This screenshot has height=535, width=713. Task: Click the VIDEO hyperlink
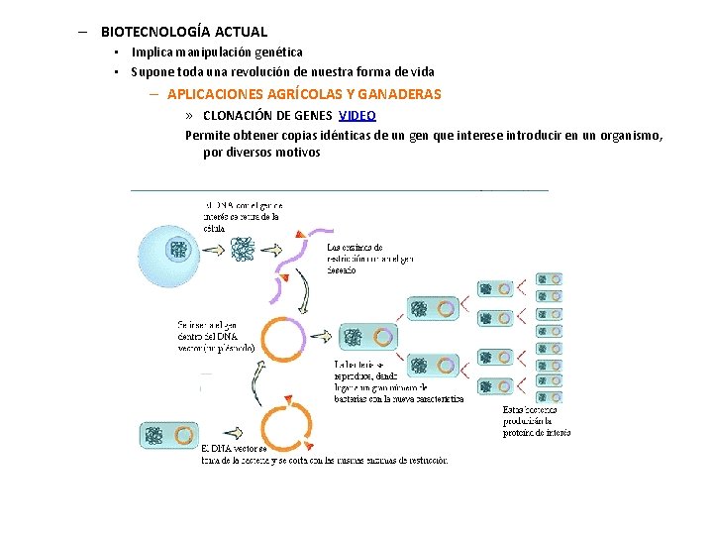click(x=356, y=115)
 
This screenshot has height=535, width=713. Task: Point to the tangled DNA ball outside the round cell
click(x=243, y=250)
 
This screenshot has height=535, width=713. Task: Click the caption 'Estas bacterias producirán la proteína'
click(x=536, y=420)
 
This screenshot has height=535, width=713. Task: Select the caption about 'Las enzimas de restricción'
click(x=369, y=259)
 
